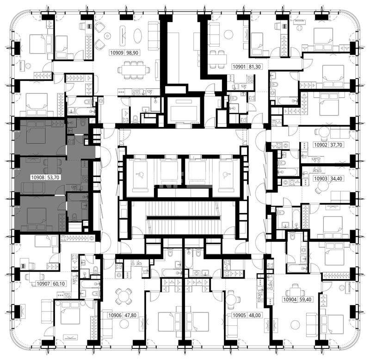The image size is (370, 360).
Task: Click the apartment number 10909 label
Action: [x=117, y=53]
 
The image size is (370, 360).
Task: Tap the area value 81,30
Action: [x=255, y=67]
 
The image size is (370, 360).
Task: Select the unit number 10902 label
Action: [x=321, y=145]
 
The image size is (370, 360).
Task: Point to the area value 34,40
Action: [x=336, y=178]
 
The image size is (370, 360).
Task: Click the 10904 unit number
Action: [x=290, y=299]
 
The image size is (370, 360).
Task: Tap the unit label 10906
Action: [x=115, y=315]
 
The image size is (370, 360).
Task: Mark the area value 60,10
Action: [x=59, y=284]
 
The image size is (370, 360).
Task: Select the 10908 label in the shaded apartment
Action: [x=38, y=177]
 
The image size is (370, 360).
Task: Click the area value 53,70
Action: [x=53, y=177]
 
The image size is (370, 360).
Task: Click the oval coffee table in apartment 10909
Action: [x=137, y=36]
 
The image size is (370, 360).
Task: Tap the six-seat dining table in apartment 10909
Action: [x=134, y=70]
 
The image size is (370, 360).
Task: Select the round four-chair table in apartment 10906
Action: [x=123, y=296]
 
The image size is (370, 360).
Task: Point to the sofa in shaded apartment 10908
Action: [x=33, y=188]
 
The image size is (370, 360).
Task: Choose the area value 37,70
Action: [x=336, y=145]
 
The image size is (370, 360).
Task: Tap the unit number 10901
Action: [x=239, y=67]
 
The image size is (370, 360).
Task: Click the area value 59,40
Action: [x=305, y=299]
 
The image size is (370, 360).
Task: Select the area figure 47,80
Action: [x=130, y=315]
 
